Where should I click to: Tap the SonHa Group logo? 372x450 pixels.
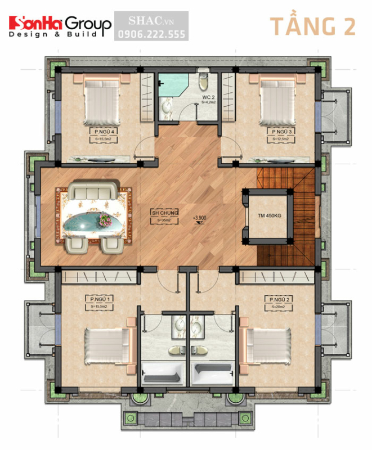point(60,26)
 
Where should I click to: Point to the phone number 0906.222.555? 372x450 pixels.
point(150,34)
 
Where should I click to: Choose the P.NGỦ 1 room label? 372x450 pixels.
point(97,298)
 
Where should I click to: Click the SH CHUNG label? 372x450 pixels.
point(164,213)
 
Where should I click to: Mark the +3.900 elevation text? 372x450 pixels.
point(199,217)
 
